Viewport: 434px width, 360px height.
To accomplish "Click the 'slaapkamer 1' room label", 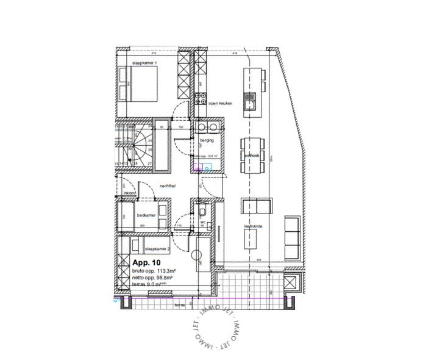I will pos(144,63).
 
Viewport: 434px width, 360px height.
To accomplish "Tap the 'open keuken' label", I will pos(221,104).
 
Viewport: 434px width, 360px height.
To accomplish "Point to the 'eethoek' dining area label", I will pos(252,156).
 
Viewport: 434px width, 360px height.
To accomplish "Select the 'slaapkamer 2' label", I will pos(157,250).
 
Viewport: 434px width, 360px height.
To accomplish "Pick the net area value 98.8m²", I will pos(162,278).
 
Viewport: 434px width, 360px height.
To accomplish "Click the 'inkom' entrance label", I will pos(129,193).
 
